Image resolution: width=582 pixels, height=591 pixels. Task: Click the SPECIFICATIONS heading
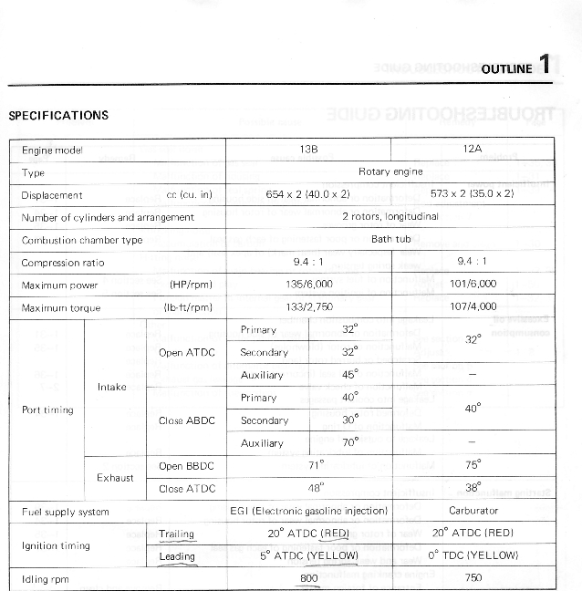click(58, 116)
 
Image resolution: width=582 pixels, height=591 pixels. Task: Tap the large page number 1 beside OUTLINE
click(544, 64)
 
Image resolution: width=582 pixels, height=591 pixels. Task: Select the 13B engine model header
click(307, 149)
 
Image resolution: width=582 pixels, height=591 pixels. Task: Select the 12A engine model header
click(473, 149)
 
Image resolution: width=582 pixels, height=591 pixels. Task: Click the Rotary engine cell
click(390, 171)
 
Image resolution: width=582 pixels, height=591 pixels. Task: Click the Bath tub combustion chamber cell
click(390, 240)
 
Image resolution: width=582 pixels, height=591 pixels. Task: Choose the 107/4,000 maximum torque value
click(473, 307)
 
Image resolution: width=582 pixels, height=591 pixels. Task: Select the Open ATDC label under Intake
click(187, 353)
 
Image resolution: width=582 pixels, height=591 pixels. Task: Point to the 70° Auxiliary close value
click(349, 442)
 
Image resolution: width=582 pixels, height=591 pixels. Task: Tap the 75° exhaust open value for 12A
click(473, 465)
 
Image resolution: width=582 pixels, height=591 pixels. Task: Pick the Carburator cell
click(473, 511)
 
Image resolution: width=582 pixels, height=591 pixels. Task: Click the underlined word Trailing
click(176, 534)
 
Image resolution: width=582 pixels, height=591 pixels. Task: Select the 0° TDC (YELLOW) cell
click(473, 555)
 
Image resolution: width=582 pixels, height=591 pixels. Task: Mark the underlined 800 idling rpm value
click(309, 578)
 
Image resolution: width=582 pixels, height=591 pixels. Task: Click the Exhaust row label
click(115, 477)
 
